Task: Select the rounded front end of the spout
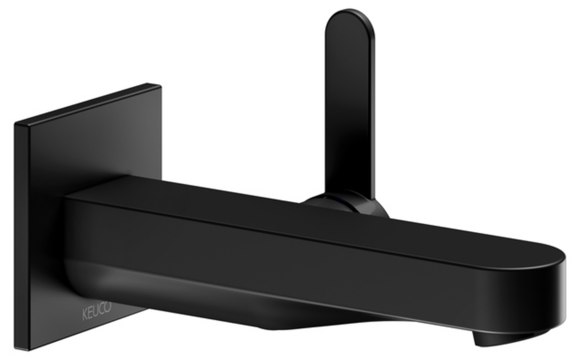point(550,288)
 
